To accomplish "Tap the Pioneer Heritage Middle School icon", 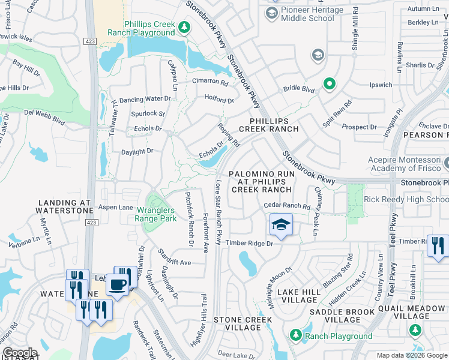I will click(272, 13).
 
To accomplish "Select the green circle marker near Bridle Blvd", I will click(329, 85).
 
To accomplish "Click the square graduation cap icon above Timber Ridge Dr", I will click(281, 225).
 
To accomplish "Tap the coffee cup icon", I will click(118, 284).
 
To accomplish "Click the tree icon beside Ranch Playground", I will click(295, 335).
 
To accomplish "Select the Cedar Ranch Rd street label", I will click(287, 206).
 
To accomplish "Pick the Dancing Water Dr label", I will click(145, 99).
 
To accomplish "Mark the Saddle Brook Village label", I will click(343, 316).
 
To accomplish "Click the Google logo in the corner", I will click(20, 352).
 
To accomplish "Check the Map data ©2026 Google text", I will click(411, 355).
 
